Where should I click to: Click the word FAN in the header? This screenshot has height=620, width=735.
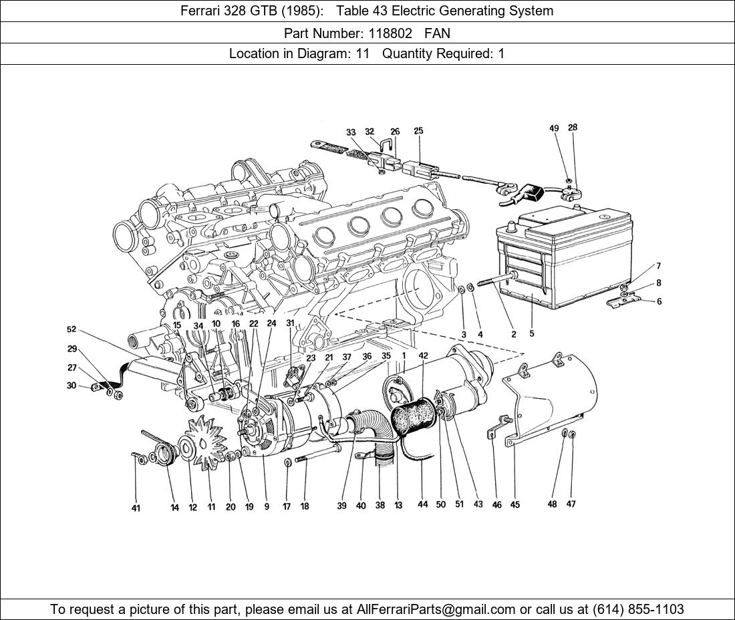tap(437, 33)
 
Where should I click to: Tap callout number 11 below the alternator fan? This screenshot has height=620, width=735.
tap(211, 507)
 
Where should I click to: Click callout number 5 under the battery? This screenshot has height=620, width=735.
tap(532, 333)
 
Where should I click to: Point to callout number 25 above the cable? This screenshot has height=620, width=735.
tap(418, 131)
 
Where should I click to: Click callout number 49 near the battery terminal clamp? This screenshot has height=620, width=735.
tap(554, 128)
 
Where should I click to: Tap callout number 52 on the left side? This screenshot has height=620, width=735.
tap(71, 329)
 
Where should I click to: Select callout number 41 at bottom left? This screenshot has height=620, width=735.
tap(136, 508)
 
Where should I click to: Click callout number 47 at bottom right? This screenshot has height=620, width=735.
tap(571, 504)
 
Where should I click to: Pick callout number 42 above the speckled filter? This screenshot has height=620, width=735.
tap(424, 357)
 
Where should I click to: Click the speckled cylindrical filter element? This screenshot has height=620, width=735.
tap(412, 421)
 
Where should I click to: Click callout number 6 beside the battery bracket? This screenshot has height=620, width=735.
tap(659, 301)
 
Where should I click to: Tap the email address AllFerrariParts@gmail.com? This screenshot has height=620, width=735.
tap(436, 609)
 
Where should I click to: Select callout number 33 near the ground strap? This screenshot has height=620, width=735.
tap(351, 132)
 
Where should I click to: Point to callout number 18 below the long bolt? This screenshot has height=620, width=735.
tap(305, 506)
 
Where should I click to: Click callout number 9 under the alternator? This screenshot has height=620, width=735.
tap(267, 506)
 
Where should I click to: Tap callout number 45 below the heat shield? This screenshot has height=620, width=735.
tap(515, 505)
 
